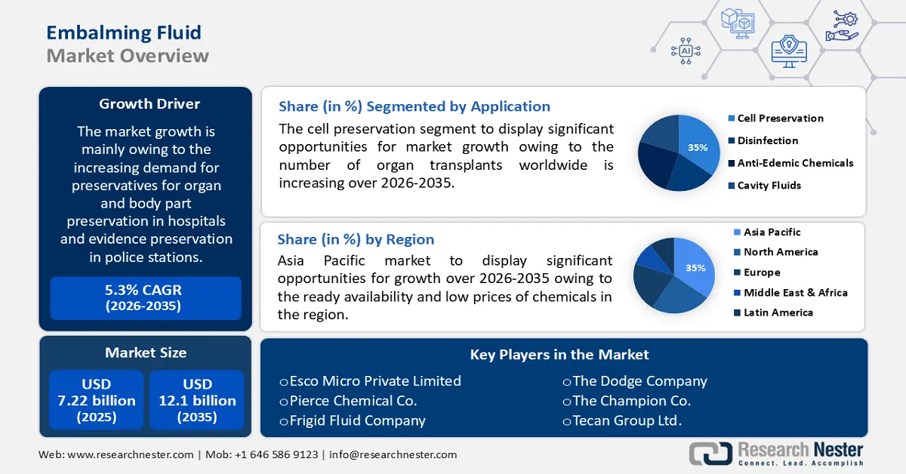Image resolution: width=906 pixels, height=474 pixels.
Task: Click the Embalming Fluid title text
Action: (124, 32)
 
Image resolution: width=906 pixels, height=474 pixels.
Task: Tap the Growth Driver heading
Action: (149, 103)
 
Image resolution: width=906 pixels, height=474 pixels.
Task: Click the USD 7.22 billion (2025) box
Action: (97, 400)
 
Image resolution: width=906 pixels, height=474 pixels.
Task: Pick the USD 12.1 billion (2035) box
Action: (197, 400)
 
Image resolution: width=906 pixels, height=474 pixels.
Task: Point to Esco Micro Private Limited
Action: (370, 381)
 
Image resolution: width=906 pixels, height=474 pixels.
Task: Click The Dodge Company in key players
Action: (634, 381)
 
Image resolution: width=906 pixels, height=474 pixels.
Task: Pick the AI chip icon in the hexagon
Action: (686, 51)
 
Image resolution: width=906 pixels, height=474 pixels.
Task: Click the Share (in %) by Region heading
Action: (356, 239)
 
